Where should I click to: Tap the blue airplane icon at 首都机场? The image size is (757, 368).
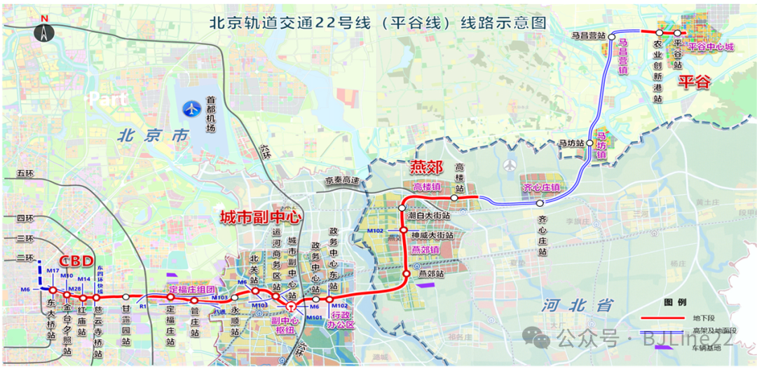click(191, 109)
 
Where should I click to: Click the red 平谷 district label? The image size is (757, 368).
click(694, 83)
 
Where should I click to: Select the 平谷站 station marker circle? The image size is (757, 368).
click(677, 33)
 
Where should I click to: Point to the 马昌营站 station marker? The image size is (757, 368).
click(612, 35)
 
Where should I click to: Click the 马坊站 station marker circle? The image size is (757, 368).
click(590, 143)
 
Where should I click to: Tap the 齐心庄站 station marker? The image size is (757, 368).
click(540, 203)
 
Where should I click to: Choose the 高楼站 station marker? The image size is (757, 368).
click(454, 198)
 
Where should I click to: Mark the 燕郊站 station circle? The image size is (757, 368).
click(405, 273)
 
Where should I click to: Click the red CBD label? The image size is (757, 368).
click(76, 261)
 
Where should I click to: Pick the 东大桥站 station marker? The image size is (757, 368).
click(53, 289)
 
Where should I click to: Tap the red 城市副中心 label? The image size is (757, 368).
click(261, 218)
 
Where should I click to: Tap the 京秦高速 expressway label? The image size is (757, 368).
click(341, 181)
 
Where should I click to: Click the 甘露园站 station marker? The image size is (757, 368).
click(126, 297)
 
